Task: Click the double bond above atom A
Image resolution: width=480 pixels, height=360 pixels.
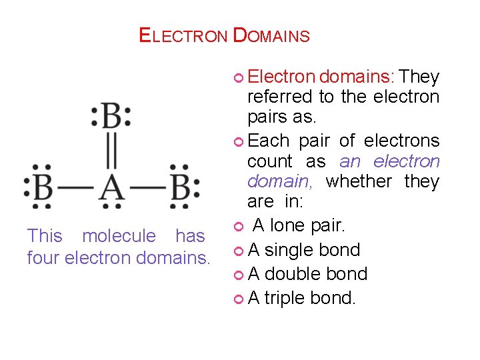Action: (x=111, y=153)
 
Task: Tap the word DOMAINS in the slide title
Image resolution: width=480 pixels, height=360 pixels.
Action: (x=272, y=35)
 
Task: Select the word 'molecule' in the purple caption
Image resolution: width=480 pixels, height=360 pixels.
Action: (x=119, y=236)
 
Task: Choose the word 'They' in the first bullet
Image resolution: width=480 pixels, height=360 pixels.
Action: (x=419, y=77)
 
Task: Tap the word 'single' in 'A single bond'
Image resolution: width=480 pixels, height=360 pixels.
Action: (x=289, y=250)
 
